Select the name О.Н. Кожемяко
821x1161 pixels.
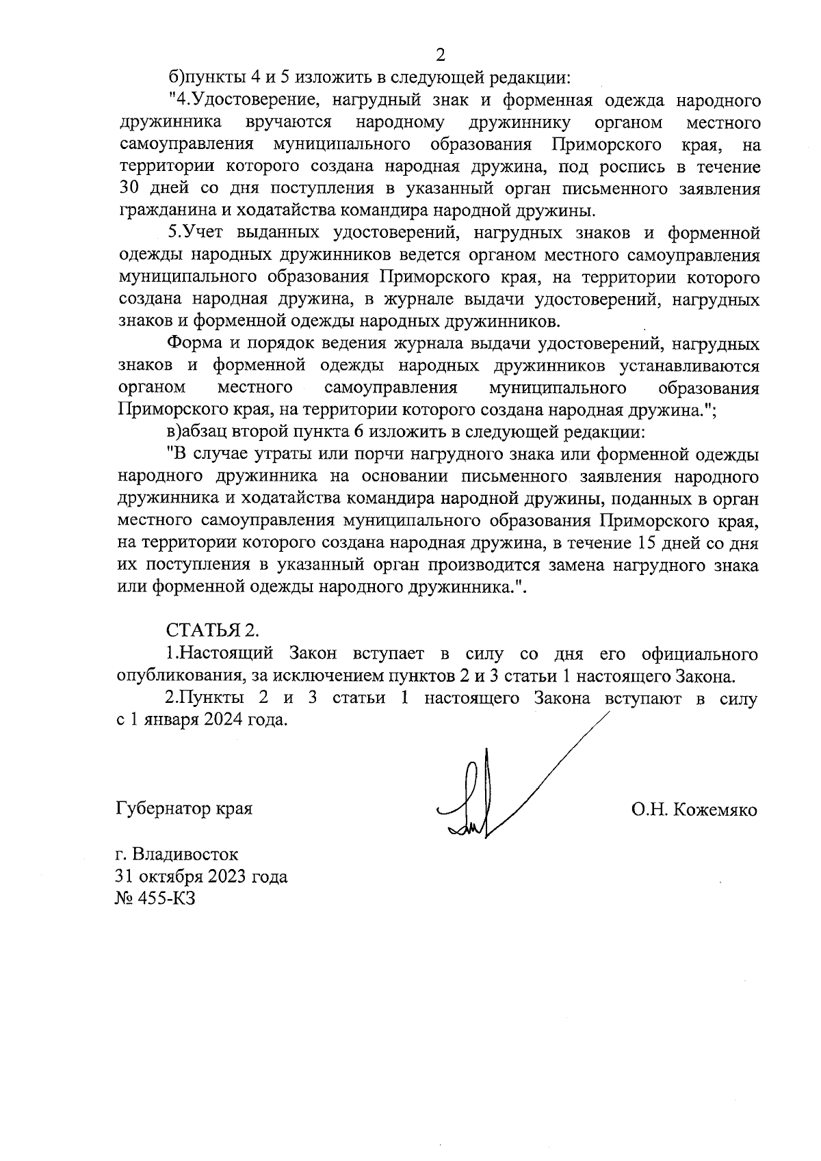pyautogui.click(x=694, y=810)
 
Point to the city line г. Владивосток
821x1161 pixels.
pyautogui.click(x=177, y=854)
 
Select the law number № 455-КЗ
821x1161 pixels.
pyautogui.click(x=156, y=898)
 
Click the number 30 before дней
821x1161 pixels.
pyautogui.click(x=130, y=189)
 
